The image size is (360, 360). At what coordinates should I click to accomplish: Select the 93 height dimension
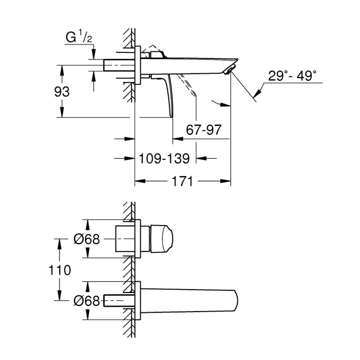coord(62,92)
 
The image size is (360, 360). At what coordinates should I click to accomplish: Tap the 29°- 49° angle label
coord(292,76)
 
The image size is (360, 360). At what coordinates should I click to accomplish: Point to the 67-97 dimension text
coord(203,129)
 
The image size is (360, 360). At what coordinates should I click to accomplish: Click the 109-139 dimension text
coord(163,158)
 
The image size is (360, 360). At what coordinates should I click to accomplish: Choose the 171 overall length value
coord(182,181)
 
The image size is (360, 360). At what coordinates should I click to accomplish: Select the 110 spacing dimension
coord(60,269)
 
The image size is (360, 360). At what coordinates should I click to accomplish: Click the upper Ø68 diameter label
coord(86,239)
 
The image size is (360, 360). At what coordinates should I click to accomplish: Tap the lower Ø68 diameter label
coord(86,300)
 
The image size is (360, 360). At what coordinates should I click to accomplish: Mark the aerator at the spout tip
coord(228,70)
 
